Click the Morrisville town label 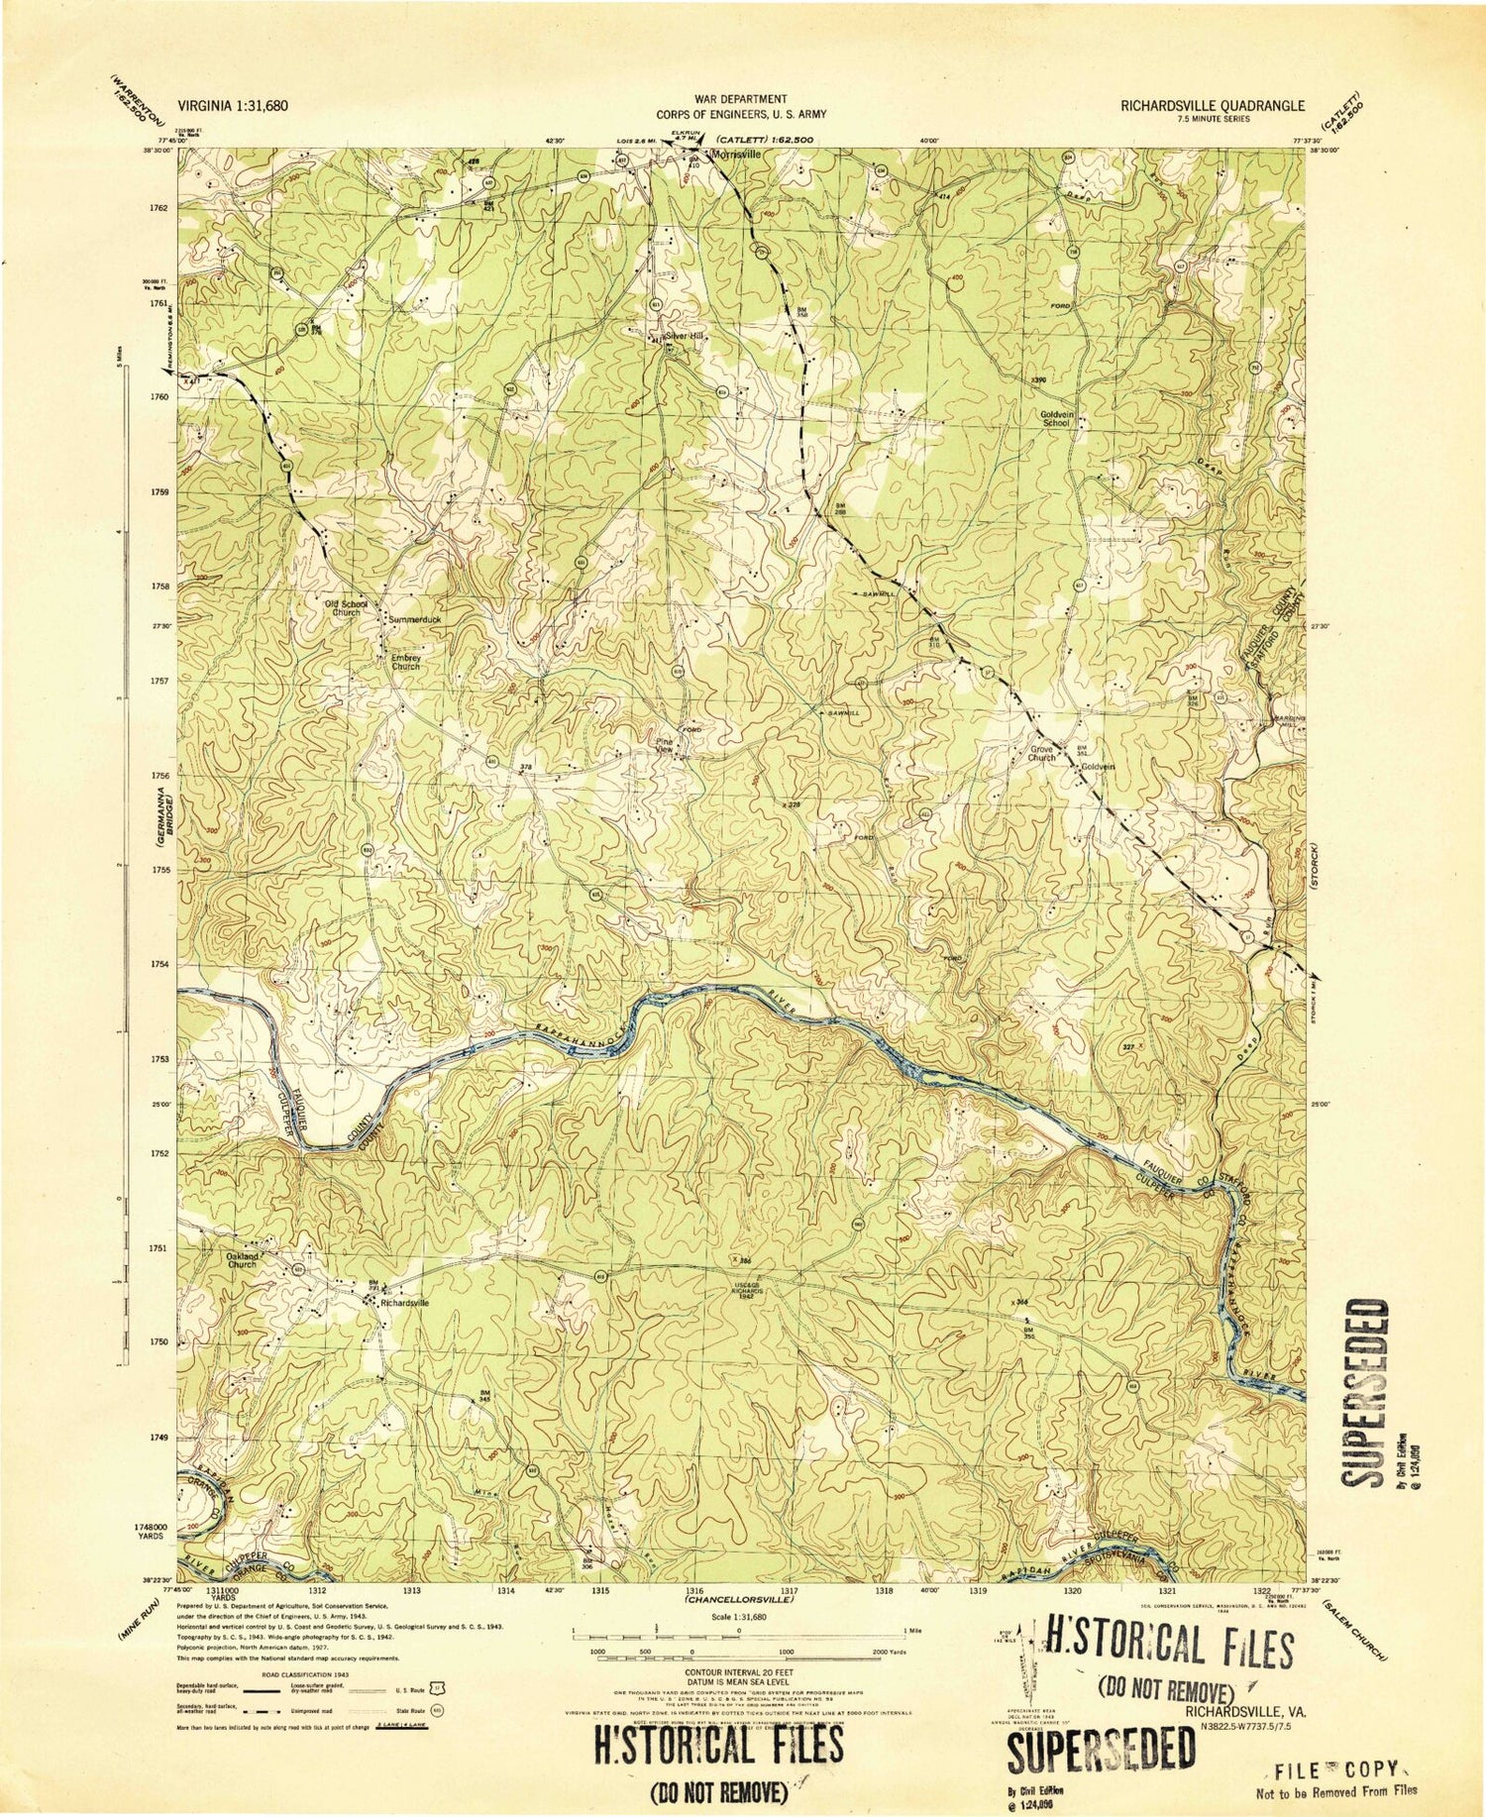click(733, 156)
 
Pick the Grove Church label click(1041, 753)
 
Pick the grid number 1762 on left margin click(159, 209)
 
